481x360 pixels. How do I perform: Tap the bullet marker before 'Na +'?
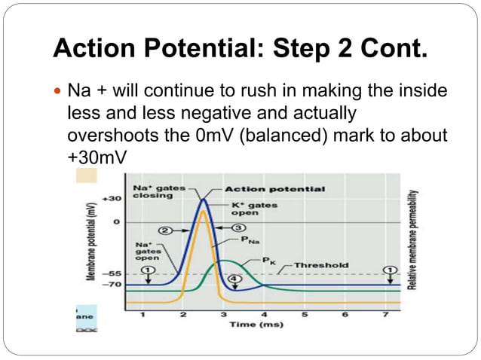click(60, 91)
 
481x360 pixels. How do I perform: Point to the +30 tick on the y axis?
click(112, 199)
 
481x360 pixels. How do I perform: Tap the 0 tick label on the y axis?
click(115, 222)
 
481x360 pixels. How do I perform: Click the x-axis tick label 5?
click(305, 314)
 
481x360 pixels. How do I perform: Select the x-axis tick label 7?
click(386, 314)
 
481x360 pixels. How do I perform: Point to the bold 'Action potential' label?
click(264, 188)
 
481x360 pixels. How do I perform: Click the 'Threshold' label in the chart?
click(320, 265)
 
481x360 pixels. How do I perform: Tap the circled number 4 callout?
click(234, 279)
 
